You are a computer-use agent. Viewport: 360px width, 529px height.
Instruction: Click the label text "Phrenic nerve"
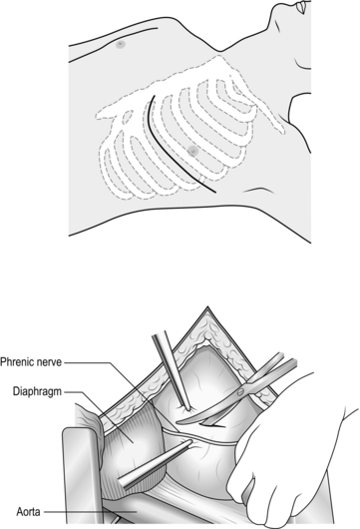(x=31, y=362)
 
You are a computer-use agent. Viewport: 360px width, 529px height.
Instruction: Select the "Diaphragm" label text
(x=38, y=391)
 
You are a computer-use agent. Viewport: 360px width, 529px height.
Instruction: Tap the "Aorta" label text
(x=28, y=512)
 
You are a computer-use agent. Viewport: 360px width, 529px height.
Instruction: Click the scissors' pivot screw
(x=240, y=391)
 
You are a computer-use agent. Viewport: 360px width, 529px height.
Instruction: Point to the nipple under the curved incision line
(x=192, y=150)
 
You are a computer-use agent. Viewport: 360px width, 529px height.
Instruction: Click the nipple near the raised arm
(x=121, y=44)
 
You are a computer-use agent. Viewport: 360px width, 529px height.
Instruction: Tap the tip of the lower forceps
(x=190, y=441)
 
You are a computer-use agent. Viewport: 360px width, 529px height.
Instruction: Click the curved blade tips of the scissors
(x=180, y=422)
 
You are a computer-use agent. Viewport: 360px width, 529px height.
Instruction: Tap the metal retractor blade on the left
(x=82, y=476)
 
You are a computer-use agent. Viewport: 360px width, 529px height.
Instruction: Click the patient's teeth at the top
(x=301, y=7)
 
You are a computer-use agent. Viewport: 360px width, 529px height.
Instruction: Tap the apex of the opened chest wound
(x=207, y=307)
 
